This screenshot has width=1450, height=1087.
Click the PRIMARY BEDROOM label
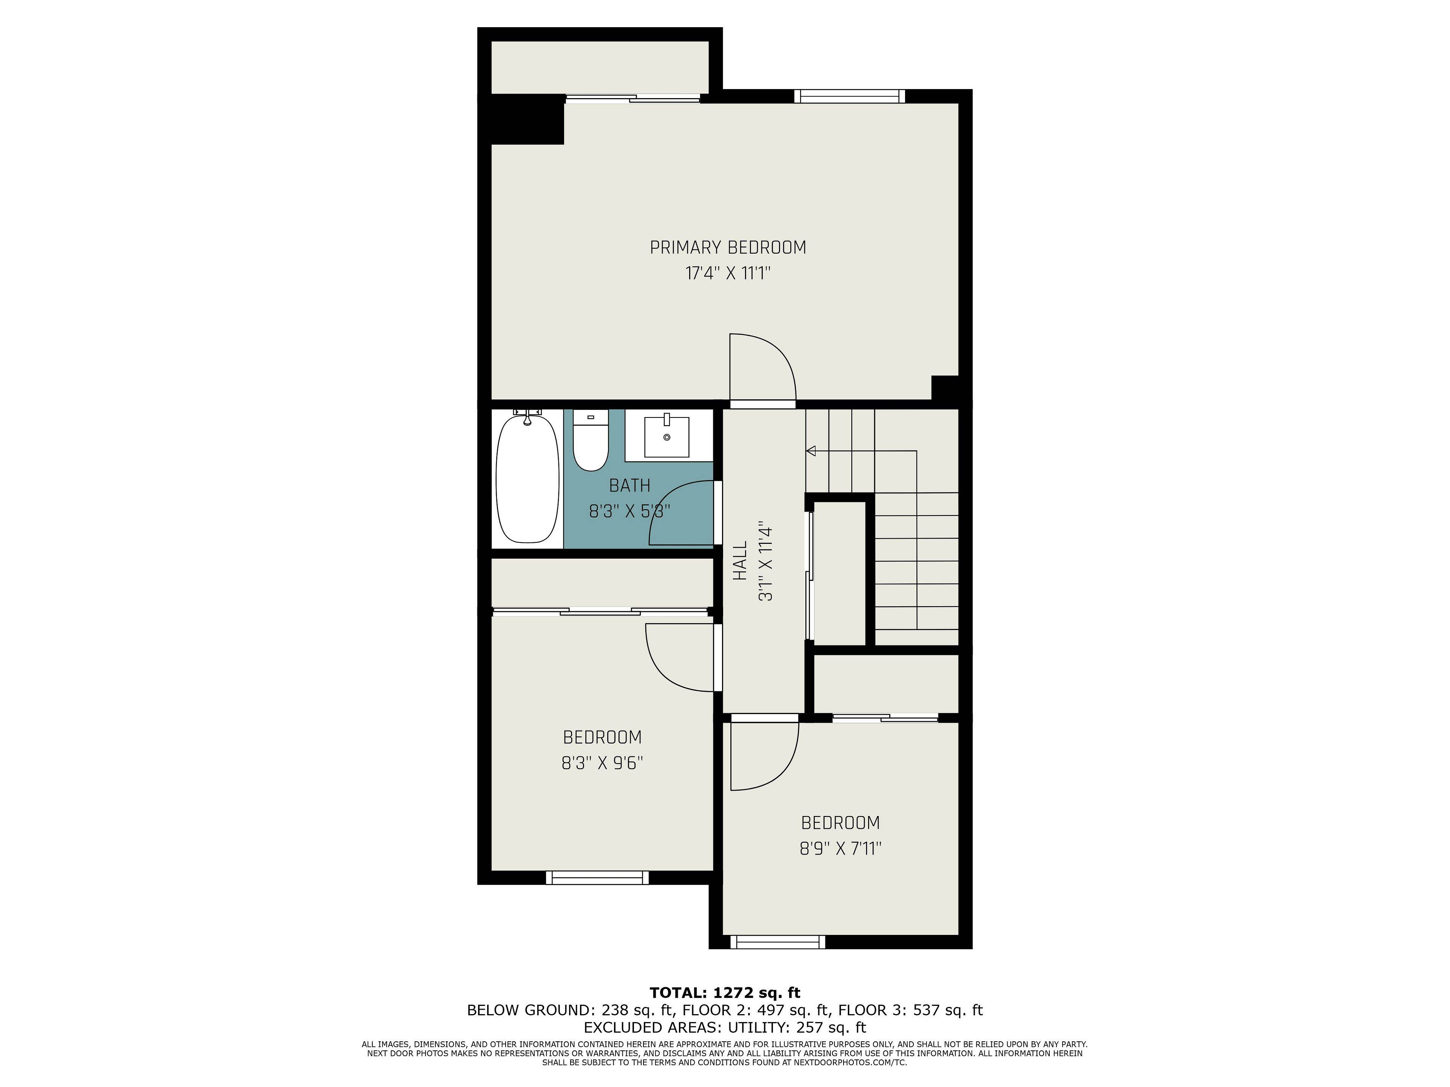[x=728, y=248]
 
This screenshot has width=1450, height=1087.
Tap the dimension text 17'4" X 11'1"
[x=728, y=273]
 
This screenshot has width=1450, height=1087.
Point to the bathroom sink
[x=666, y=436]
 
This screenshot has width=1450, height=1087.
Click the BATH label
[x=629, y=485]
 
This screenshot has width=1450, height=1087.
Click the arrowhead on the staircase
[x=811, y=451]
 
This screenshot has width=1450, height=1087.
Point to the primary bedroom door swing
[x=764, y=367]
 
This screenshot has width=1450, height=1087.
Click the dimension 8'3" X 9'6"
[x=602, y=763]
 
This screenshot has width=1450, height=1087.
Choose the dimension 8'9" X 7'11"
[x=841, y=848]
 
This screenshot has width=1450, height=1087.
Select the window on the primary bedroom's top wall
[x=850, y=96]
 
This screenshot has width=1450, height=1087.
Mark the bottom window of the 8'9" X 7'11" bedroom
[x=777, y=942]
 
